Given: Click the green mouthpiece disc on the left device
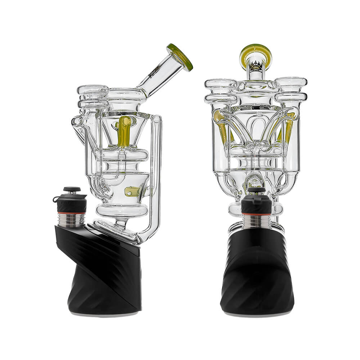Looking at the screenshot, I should pyautogui.click(x=180, y=57).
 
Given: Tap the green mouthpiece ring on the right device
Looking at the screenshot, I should pyautogui.click(x=256, y=51).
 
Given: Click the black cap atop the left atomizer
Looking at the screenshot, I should pyautogui.click(x=72, y=190).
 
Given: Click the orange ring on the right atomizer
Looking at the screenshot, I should pyautogui.click(x=256, y=215).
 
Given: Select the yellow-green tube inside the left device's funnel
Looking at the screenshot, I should pyautogui.click(x=125, y=131).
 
